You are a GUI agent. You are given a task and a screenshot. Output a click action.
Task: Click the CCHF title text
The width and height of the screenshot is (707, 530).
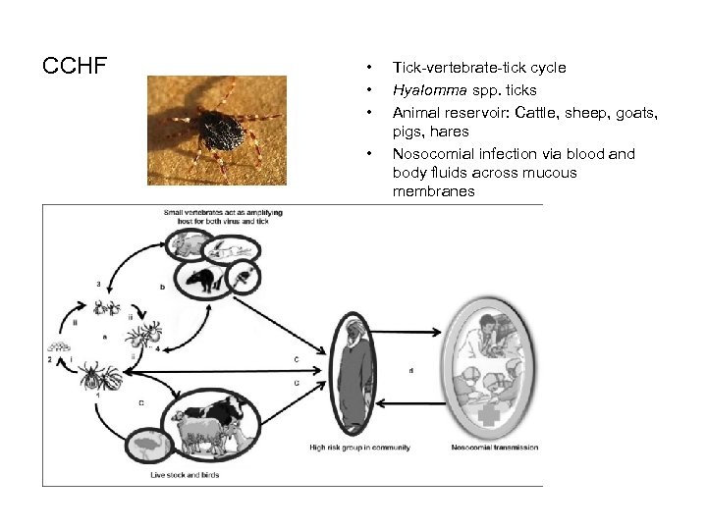tap(75, 68)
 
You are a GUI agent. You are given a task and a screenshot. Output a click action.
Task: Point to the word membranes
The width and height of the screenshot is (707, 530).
tap(433, 191)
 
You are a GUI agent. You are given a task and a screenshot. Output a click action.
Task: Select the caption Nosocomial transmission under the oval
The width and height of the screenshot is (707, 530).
tap(488, 449)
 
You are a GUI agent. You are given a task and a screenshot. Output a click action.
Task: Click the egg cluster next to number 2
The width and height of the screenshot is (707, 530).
tap(55, 345)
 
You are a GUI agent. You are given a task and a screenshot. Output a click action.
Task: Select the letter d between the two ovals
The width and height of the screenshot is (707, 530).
tap(410, 370)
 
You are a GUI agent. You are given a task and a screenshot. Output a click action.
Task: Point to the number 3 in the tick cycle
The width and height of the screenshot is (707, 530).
tap(99, 284)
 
